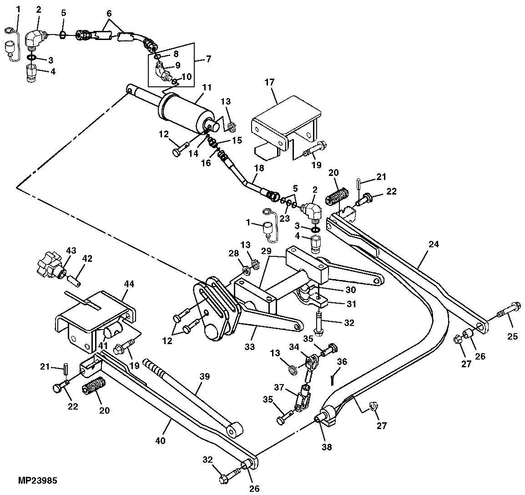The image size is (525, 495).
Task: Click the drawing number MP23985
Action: (x=37, y=480)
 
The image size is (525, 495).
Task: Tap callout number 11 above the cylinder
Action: (x=207, y=88)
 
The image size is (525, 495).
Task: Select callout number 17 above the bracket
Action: (x=270, y=82)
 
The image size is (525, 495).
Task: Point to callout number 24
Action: (x=434, y=245)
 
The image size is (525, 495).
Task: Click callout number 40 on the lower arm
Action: (x=161, y=440)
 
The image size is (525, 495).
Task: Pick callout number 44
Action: (x=129, y=284)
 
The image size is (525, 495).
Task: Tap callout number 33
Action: (x=249, y=347)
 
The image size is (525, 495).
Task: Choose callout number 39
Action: (x=204, y=376)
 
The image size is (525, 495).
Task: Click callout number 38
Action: (x=327, y=446)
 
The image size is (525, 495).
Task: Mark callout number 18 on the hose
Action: (x=259, y=168)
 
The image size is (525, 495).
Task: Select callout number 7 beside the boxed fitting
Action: (x=209, y=59)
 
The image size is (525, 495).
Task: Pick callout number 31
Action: (x=351, y=304)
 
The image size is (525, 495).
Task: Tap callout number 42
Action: (x=87, y=259)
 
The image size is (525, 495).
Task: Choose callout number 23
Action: (x=285, y=219)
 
